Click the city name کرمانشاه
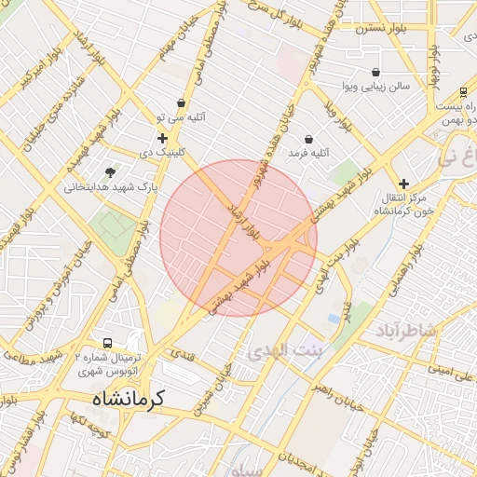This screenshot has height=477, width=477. [128, 399]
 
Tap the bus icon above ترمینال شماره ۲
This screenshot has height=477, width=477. [108, 343]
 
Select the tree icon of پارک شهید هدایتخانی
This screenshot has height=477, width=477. [111, 172]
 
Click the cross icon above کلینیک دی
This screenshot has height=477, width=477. [162, 138]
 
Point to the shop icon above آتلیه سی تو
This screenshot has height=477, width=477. [181, 103]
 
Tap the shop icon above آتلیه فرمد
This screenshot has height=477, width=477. [308, 139]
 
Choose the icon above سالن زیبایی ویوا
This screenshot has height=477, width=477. [375, 73]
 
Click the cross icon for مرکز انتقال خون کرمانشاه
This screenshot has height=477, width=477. [403, 184]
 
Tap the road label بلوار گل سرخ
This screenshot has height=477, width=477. [266, 21]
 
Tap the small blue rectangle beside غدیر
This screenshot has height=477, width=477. [334, 319]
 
